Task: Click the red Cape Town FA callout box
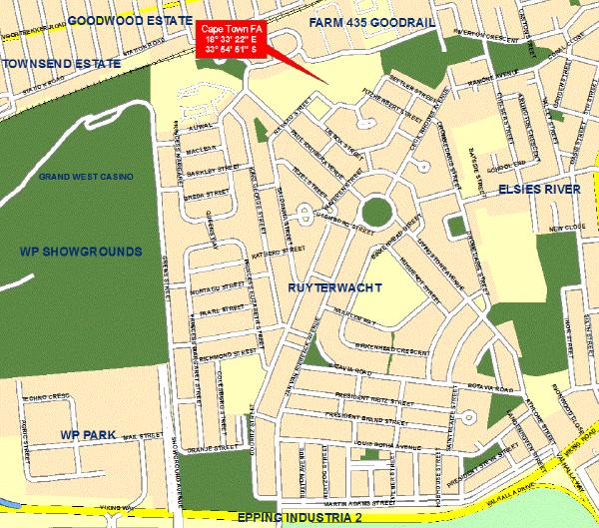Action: click(x=230, y=38)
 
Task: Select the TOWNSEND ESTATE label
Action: click(x=61, y=63)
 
